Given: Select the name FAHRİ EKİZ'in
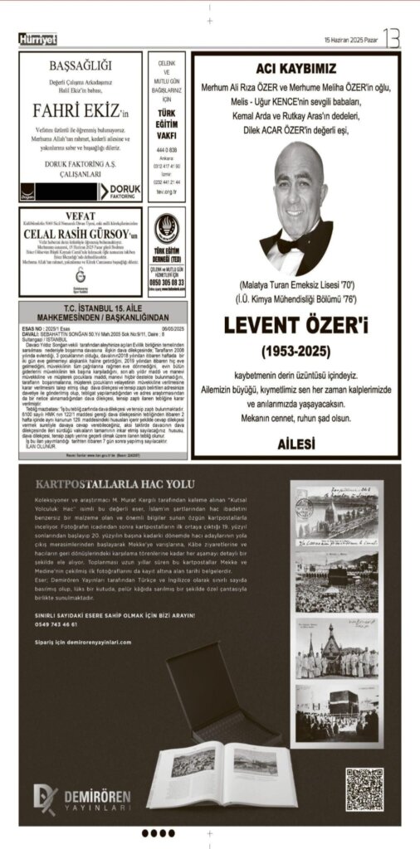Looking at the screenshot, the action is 81,110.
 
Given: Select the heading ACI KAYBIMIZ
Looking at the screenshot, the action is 295,69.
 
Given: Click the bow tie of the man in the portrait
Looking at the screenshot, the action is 296,245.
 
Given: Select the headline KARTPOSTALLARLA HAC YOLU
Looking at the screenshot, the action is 115,484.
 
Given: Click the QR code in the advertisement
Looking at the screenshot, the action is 364,789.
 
